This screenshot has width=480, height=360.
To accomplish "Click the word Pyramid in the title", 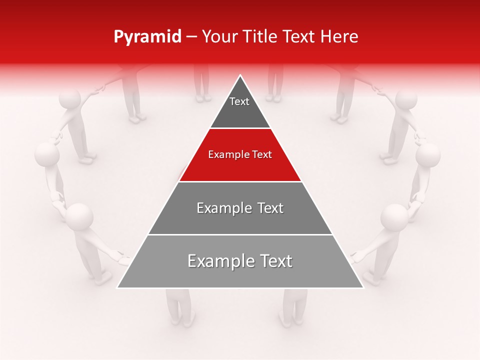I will point(147,37).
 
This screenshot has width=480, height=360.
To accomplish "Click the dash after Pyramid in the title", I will point(191,37).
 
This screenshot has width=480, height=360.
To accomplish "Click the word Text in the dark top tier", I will point(239,101).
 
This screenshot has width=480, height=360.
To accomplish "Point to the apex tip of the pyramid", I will point(240,76).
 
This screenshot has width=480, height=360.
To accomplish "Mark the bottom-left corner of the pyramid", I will point(118,287).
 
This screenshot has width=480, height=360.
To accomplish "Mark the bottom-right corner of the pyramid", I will point(362,287).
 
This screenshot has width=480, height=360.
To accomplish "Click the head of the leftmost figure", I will point(47,155).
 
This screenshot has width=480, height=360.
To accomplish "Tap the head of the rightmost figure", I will point(428,155).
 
